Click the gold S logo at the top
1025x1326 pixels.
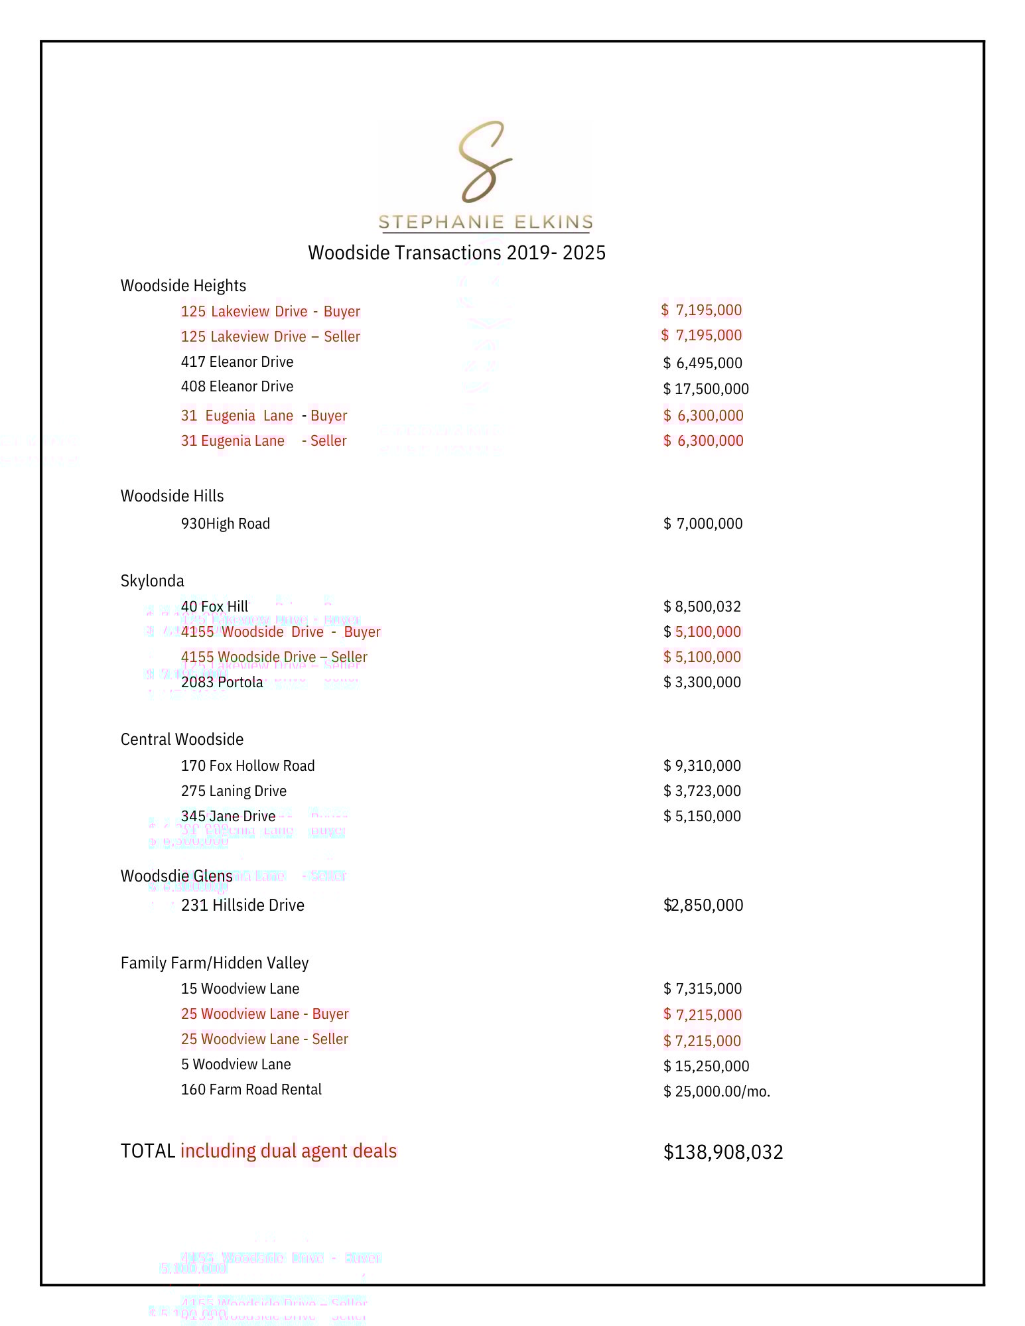(x=485, y=162)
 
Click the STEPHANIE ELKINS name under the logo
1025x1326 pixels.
(x=485, y=222)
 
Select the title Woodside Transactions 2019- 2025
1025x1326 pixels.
(x=456, y=253)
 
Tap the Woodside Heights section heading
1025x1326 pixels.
(x=183, y=286)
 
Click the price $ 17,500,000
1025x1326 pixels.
(x=706, y=389)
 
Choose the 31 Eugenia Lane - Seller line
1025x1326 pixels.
(x=263, y=441)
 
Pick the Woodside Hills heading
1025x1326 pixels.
(x=172, y=496)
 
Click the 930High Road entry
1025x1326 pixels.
(x=225, y=524)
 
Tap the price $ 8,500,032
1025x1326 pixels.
(x=702, y=607)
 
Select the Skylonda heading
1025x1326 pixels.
(x=152, y=581)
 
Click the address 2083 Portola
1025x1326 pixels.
(x=222, y=683)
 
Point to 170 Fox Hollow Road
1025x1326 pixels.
(x=247, y=766)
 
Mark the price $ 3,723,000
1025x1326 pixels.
(x=702, y=791)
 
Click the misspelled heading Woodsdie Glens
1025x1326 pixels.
(x=176, y=876)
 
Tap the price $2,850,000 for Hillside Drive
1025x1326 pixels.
(x=703, y=905)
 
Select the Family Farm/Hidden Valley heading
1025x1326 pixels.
(x=214, y=963)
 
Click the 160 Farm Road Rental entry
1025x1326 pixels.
(x=251, y=1090)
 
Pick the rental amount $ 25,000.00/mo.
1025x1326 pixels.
(x=717, y=1092)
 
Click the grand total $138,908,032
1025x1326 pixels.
(x=723, y=1152)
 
